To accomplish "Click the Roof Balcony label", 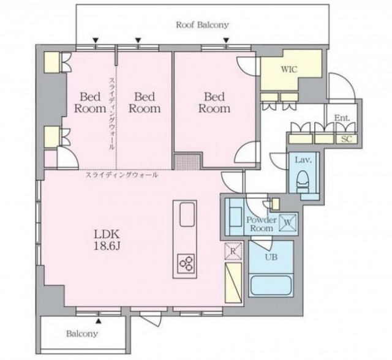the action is click(x=203, y=25).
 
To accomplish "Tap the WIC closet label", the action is click(x=289, y=69).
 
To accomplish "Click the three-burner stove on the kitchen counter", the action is click(x=186, y=263).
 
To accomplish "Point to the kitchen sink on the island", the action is click(x=187, y=214).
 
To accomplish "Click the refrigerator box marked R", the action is click(x=233, y=251).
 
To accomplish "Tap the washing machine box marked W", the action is click(x=288, y=222).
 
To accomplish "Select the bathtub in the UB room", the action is click(x=271, y=284).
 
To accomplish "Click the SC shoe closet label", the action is click(x=347, y=139).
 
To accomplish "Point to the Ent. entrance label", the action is click(x=342, y=118).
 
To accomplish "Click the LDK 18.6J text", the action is click(x=107, y=241).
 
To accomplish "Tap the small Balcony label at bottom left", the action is click(x=81, y=334).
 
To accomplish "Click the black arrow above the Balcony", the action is click(x=99, y=321).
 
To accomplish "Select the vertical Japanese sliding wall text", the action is click(x=111, y=114).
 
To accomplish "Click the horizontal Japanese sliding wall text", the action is click(x=122, y=175).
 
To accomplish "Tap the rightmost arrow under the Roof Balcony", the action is click(x=226, y=40).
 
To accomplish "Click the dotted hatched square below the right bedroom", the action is click(x=187, y=162).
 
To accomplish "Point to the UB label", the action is click(x=272, y=257).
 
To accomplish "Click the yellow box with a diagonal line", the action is click(x=233, y=283).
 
